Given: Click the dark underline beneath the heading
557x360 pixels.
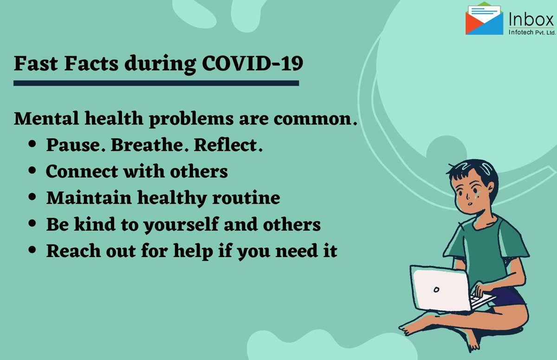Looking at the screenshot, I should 156,83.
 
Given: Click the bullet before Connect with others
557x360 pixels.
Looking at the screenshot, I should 32,172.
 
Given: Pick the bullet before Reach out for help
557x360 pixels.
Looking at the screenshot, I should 32,251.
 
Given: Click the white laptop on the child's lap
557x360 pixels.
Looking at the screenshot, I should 441,288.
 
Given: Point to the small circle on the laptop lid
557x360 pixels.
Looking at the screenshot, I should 436,289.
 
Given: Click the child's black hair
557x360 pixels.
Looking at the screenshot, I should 469,169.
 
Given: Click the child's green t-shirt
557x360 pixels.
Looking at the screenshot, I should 483,241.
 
